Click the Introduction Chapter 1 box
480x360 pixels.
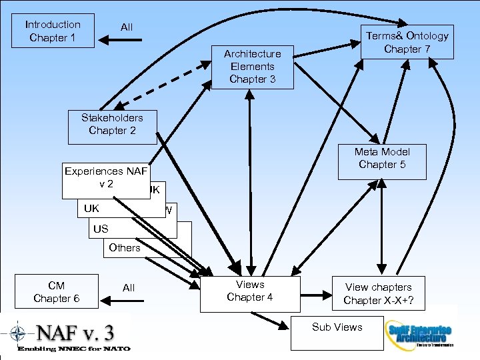(x=53, y=31)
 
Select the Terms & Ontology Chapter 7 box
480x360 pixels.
(x=407, y=42)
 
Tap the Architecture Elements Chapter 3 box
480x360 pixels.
(x=252, y=67)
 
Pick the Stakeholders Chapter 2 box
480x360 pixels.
(x=112, y=127)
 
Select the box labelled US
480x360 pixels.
(x=101, y=229)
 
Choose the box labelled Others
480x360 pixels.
(x=125, y=248)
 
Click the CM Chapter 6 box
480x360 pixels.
(x=57, y=292)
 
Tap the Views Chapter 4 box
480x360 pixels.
(x=249, y=292)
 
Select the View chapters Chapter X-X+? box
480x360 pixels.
(x=378, y=293)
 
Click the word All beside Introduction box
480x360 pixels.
(x=127, y=27)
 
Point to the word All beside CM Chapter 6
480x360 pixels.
(x=129, y=288)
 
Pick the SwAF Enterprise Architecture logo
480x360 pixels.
(x=419, y=331)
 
